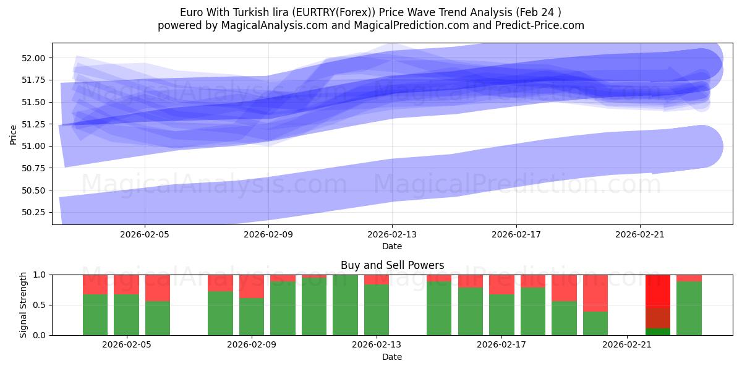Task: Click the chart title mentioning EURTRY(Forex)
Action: coord(371,12)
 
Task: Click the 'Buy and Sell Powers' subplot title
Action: coord(392,265)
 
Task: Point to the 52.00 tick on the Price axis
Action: coord(35,58)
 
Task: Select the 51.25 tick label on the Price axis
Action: coord(35,124)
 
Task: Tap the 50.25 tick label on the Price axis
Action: coord(35,212)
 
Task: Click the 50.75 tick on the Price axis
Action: coord(35,168)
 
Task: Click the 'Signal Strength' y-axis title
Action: coord(23,305)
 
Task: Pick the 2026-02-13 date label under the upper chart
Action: coord(392,234)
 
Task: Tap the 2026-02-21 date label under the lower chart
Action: coord(627,345)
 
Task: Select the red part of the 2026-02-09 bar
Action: coord(252,286)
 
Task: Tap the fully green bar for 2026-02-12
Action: coord(345,305)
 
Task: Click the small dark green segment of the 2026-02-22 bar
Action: coord(658,331)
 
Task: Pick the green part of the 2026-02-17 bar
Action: coord(501,315)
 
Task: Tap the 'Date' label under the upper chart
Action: coord(392,246)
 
